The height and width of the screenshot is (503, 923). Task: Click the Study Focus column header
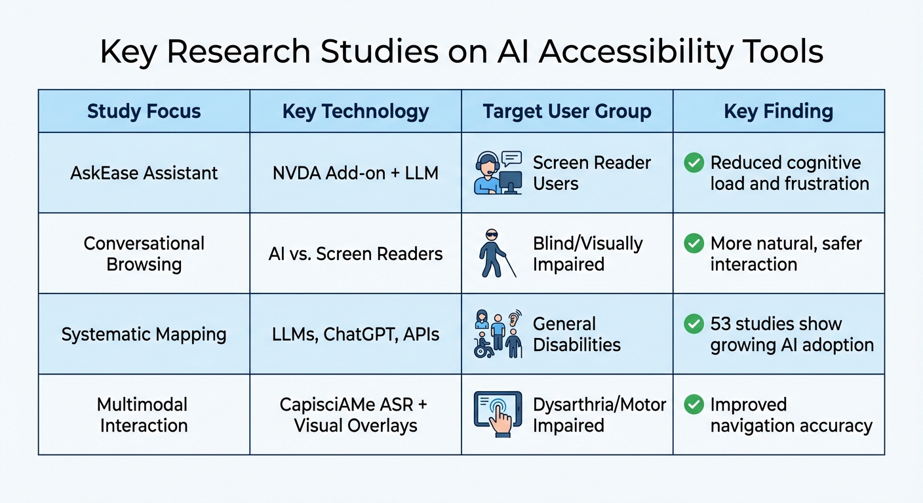(x=144, y=111)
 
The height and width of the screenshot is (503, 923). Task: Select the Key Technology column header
(x=355, y=111)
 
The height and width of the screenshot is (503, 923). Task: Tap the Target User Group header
(x=567, y=111)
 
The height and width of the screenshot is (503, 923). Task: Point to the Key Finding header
(x=778, y=111)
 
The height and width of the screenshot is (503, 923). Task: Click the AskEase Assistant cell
(x=144, y=173)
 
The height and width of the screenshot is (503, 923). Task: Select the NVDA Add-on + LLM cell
(x=355, y=173)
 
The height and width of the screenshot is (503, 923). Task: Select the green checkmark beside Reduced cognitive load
(x=694, y=162)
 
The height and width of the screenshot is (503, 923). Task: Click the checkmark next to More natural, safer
(x=694, y=244)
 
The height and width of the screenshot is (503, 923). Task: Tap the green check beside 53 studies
(x=694, y=324)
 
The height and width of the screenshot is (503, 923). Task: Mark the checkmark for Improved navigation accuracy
(x=694, y=405)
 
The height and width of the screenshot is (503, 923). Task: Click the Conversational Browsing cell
(x=144, y=253)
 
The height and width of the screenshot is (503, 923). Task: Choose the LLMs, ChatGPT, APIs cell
(x=355, y=334)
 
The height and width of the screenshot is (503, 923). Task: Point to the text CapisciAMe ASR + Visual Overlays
(x=355, y=415)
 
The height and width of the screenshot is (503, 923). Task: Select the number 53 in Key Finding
(x=722, y=324)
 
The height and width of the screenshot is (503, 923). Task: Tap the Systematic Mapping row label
(x=144, y=334)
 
